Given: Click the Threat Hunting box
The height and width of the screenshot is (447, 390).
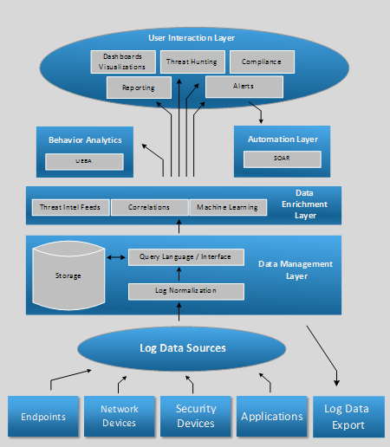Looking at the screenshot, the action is click(192, 62).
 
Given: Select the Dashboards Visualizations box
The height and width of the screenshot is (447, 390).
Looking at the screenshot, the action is click(123, 62).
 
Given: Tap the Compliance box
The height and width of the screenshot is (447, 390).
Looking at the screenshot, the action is click(262, 62).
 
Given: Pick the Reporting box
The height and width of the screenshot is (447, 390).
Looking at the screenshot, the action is click(139, 87).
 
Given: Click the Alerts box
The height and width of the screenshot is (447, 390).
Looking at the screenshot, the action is click(244, 87).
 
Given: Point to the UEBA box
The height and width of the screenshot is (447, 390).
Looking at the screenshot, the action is click(84, 161).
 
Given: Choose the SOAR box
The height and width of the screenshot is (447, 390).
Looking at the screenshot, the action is click(283, 159).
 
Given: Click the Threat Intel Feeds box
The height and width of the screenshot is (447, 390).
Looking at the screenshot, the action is click(71, 207).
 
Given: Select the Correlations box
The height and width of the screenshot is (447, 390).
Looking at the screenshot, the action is click(150, 207).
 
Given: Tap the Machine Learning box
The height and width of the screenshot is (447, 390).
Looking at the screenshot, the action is click(228, 207).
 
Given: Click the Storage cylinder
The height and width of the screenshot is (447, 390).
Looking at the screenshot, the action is click(68, 275).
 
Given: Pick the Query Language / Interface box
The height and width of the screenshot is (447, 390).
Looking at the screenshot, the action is click(186, 257).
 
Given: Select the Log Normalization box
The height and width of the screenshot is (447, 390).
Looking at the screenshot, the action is click(186, 292).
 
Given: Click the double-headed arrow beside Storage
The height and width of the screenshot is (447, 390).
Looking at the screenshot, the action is click(116, 257).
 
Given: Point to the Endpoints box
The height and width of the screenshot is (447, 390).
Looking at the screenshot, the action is click(43, 416).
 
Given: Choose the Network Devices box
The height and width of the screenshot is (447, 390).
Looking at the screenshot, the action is click(120, 416).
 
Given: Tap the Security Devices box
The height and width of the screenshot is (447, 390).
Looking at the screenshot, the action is click(196, 416).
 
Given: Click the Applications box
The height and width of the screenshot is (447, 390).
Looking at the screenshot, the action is click(272, 416).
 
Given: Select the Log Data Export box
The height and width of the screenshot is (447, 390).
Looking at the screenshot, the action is click(348, 417).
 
